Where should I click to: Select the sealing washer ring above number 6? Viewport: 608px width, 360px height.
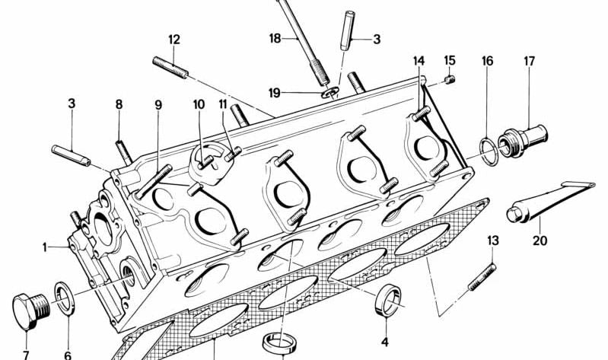pyautogui.click(x=63, y=298)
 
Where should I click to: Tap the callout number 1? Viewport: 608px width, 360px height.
pyautogui.click(x=45, y=247)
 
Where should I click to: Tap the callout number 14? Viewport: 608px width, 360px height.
pyautogui.click(x=419, y=60)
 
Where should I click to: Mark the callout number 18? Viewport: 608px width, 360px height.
pyautogui.click(x=275, y=37)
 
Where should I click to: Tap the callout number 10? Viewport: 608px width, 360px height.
pyautogui.click(x=198, y=104)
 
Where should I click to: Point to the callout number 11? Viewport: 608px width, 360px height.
pyautogui.click(x=223, y=104)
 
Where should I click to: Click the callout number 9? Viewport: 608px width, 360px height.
pyautogui.click(x=158, y=105)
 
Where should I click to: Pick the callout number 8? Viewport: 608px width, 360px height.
pyautogui.click(x=119, y=104)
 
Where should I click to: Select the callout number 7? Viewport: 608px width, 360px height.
pyautogui.click(x=25, y=354)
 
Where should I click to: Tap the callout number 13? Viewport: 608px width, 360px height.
pyautogui.click(x=492, y=241)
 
